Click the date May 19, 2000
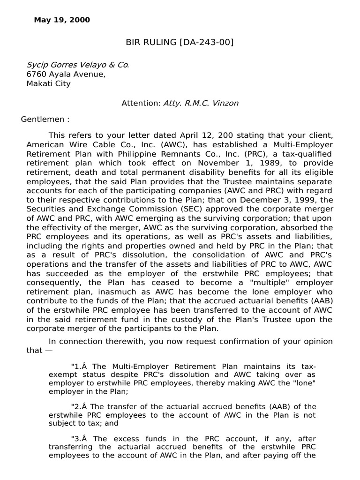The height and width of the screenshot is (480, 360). pyautogui.click(x=62, y=20)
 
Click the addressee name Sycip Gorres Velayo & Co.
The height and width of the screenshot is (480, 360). pyautogui.click(x=77, y=65)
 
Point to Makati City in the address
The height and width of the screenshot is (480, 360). pyautogui.click(x=48, y=83)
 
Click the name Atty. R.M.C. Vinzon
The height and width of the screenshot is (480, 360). pyautogui.click(x=201, y=103)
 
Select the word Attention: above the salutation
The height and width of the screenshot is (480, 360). pyautogui.click(x=141, y=103)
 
